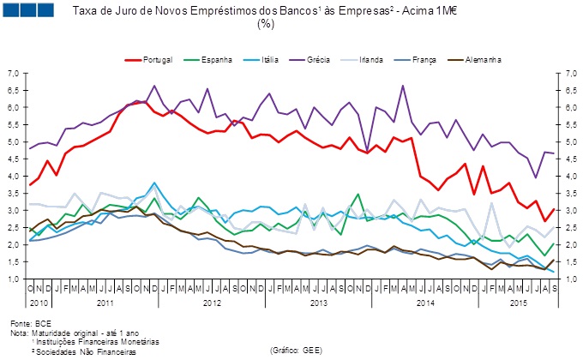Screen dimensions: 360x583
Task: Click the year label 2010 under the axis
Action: pos(38,303)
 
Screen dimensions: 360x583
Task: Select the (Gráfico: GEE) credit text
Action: pos(296,351)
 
